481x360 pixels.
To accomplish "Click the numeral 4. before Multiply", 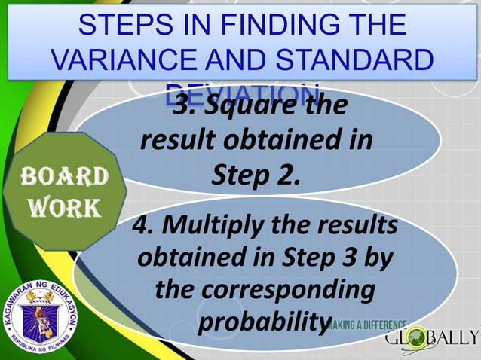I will point(142,225).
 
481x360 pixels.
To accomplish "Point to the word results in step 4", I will point(353,225).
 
